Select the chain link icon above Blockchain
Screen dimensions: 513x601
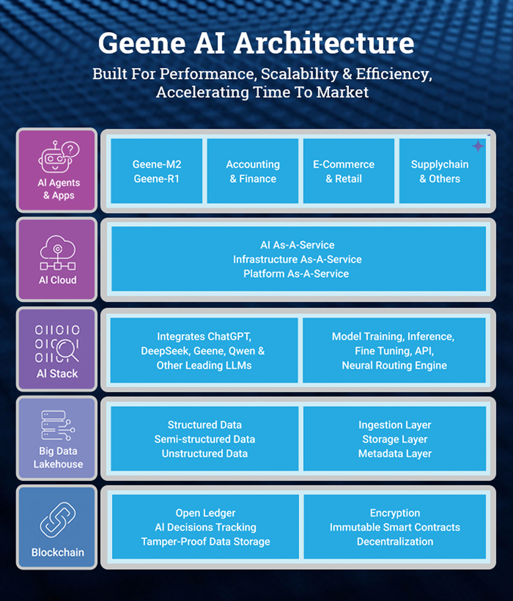click(x=58, y=520)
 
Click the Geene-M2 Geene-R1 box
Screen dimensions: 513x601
click(x=156, y=171)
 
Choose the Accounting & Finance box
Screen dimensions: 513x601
click(x=252, y=171)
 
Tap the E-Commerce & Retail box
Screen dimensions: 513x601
click(x=348, y=171)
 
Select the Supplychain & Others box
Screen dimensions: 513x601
click(x=443, y=171)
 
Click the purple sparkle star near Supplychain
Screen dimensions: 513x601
click(x=478, y=146)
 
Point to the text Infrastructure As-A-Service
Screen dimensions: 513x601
click(x=297, y=259)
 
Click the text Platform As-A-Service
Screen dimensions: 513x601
click(x=296, y=274)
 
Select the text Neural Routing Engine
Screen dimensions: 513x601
click(x=394, y=365)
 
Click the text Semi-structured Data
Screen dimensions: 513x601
click(x=204, y=439)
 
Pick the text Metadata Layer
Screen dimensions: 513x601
click(x=395, y=454)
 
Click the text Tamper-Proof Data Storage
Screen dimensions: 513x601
click(x=206, y=542)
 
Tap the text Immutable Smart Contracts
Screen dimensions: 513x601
click(x=395, y=527)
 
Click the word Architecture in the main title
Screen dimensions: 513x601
click(x=324, y=43)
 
